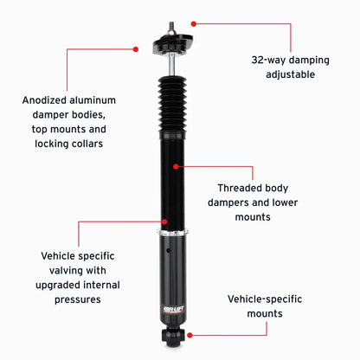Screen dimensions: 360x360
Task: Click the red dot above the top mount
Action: click(194, 24)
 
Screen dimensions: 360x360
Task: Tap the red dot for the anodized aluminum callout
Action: click(136, 49)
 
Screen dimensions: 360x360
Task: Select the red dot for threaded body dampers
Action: click(176, 167)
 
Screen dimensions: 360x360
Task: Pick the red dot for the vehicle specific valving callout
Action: click(164, 222)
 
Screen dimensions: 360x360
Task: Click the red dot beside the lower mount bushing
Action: click(190, 335)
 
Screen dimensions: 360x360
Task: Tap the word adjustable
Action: click(290, 74)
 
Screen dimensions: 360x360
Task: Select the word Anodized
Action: click(44, 100)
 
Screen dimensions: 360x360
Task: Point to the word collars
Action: click(87, 144)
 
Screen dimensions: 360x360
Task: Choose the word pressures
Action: click(78, 299)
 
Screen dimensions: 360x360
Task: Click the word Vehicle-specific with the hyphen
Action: click(265, 299)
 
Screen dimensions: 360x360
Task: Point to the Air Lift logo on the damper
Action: click(173, 310)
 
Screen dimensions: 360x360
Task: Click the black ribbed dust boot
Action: click(172, 104)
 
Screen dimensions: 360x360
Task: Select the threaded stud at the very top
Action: click(171, 28)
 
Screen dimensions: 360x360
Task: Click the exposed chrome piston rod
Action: click(171, 64)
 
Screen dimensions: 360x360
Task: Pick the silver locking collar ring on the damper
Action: click(173, 233)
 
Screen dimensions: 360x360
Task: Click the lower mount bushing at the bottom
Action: click(172, 336)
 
